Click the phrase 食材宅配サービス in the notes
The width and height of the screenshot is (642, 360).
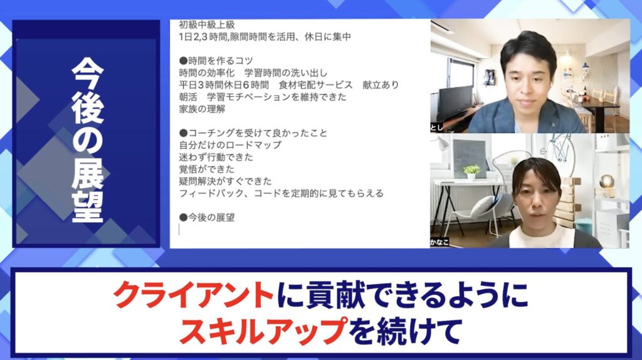[316, 85]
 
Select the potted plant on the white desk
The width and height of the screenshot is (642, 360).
[471, 171]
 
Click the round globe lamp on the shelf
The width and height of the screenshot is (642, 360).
[606, 181]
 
